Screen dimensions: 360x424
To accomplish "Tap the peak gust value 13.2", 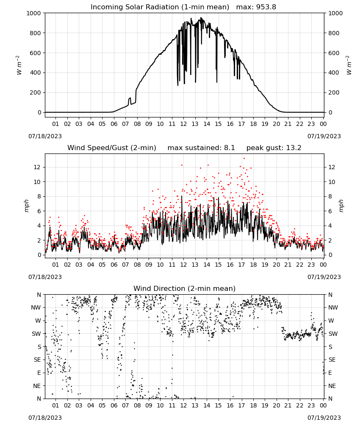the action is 293,148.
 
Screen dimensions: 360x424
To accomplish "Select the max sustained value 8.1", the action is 229,148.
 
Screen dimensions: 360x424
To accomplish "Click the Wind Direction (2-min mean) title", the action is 185,288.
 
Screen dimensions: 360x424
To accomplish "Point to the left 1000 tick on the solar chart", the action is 33,13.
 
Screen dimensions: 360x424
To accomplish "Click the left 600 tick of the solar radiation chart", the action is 36,53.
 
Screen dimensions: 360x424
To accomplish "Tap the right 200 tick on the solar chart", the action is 334,92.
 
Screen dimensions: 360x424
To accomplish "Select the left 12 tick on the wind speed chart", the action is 37,167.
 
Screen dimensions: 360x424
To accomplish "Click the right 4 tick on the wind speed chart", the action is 330,226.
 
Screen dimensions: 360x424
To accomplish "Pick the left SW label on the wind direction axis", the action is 36,334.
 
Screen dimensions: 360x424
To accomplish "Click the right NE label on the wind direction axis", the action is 332,386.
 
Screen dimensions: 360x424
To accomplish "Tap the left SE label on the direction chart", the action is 37,360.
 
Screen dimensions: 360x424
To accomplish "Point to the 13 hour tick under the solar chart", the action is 195,124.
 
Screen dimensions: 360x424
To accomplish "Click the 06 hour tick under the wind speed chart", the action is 114,265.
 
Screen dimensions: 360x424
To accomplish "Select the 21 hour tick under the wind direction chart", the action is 288,405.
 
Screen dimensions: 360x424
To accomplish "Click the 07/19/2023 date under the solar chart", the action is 324,136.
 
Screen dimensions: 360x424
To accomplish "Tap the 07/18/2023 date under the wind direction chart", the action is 45,418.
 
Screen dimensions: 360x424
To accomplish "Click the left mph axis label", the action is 26,206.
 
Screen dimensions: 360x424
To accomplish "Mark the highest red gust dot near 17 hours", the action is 244,159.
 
